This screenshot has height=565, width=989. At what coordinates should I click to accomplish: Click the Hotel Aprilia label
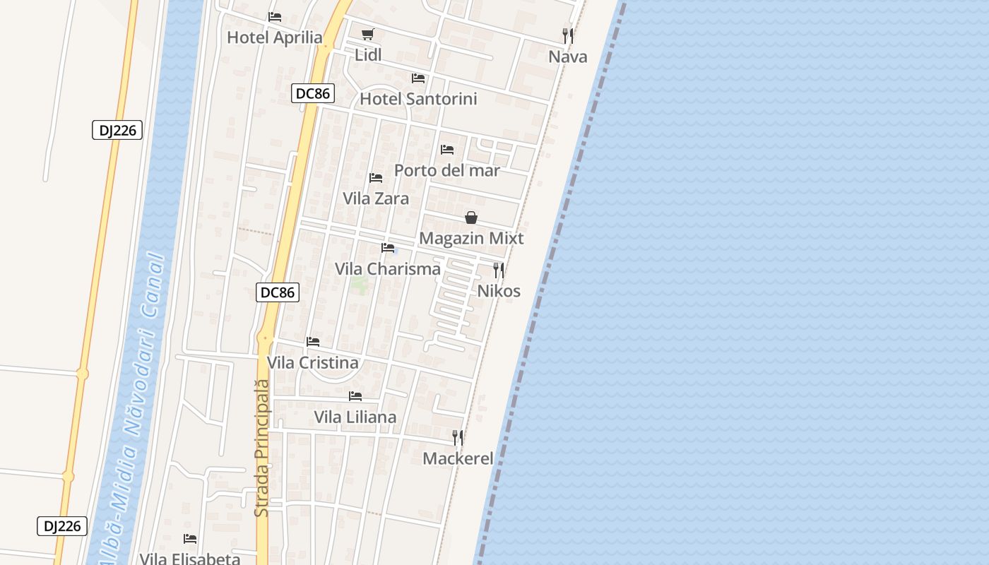(x=274, y=38)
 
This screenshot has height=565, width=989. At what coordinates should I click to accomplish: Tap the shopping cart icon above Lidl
(x=367, y=34)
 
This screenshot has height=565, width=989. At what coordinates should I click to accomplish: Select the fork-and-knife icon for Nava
(x=568, y=35)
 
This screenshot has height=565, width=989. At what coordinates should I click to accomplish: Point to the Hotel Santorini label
(x=418, y=99)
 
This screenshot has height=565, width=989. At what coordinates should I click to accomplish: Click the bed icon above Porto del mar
(x=447, y=150)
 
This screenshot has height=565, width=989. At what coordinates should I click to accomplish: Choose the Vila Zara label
(x=376, y=198)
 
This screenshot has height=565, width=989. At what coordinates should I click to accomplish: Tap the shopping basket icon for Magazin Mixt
(x=471, y=218)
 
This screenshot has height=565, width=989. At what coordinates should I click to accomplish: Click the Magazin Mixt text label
(x=471, y=239)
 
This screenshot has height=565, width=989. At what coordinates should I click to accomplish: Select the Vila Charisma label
(x=388, y=269)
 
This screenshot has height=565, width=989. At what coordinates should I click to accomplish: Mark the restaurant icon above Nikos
(x=499, y=270)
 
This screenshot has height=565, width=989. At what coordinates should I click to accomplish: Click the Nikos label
(x=499, y=291)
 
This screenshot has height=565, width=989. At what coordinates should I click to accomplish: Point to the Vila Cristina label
(x=312, y=363)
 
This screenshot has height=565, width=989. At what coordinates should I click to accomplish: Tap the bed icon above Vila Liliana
(x=355, y=396)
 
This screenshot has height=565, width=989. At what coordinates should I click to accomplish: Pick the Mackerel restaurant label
(x=458, y=459)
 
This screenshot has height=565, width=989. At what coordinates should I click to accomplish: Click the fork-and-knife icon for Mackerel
(x=458, y=438)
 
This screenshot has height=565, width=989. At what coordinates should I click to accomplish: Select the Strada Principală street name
(x=262, y=448)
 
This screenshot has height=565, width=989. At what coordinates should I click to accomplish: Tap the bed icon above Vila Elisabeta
(x=190, y=539)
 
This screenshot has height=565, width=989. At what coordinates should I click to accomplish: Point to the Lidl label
(x=367, y=55)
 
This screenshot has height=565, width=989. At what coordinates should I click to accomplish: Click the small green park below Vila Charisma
(x=359, y=285)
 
